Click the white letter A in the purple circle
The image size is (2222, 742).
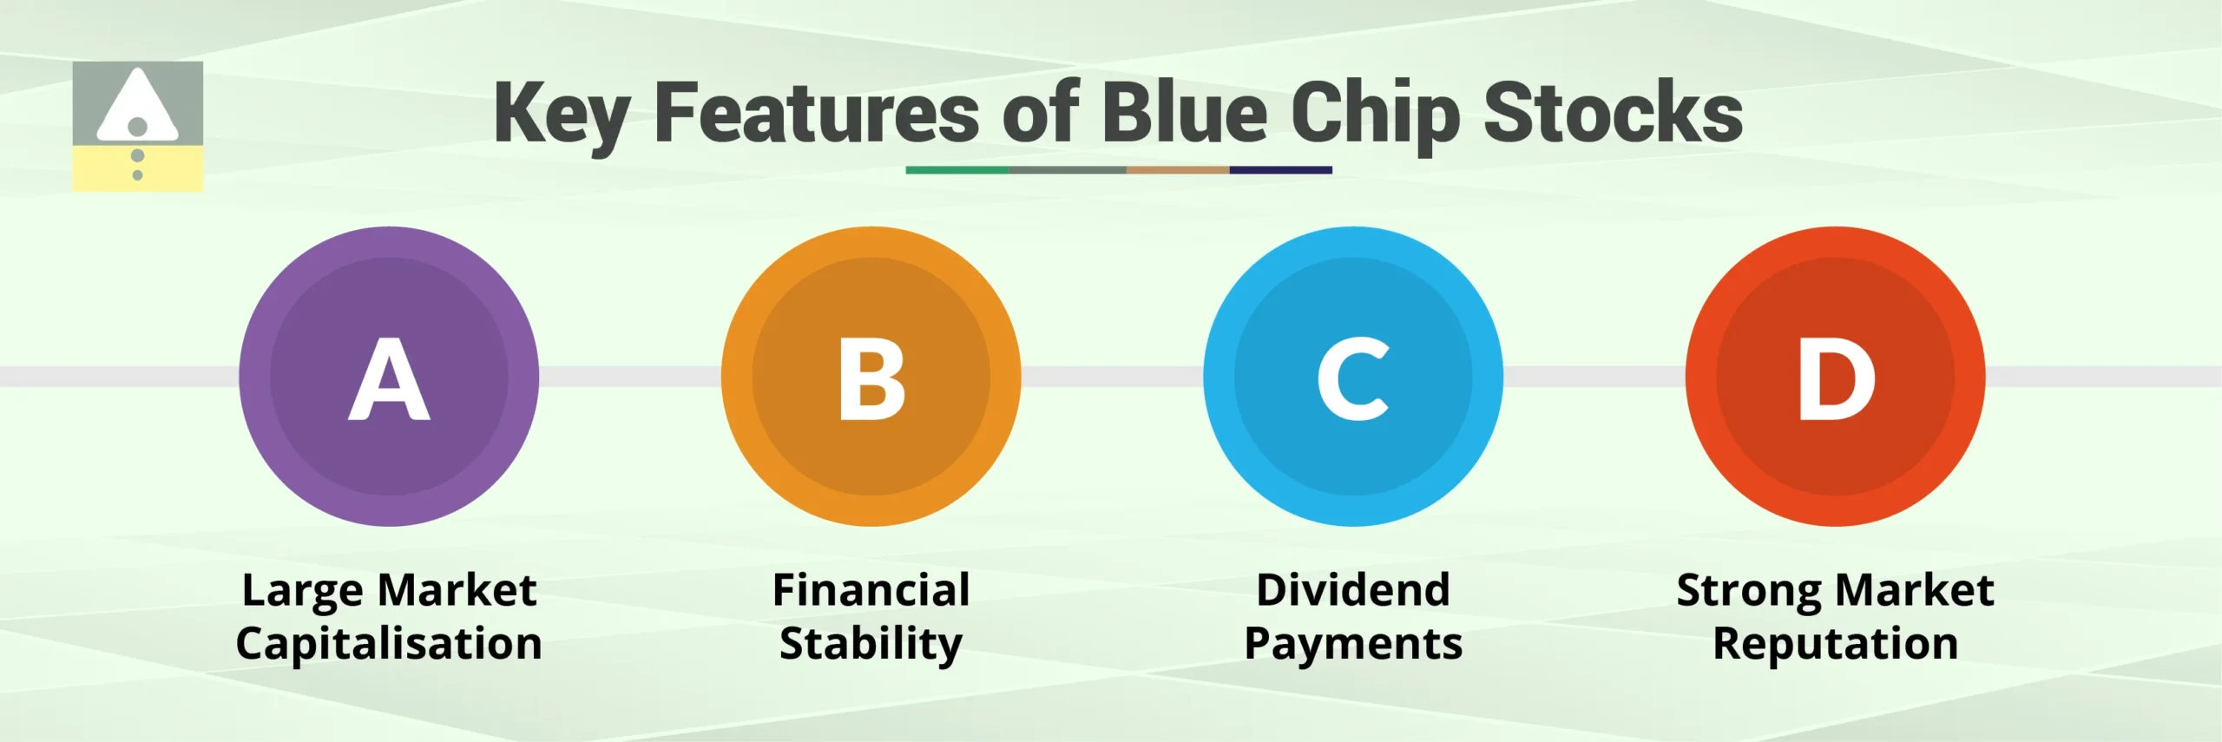pyautogui.click(x=389, y=379)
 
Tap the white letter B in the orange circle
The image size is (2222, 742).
pyautogui.click(x=871, y=379)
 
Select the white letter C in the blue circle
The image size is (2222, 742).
pyautogui.click(x=1352, y=379)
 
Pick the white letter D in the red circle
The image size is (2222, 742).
pyautogui.click(x=1835, y=379)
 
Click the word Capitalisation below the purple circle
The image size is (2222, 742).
pyautogui.click(x=389, y=644)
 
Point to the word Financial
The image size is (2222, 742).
pyautogui.click(x=871, y=590)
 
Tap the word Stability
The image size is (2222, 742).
pyautogui.click(x=871, y=644)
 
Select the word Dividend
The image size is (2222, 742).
pyautogui.click(x=1352, y=590)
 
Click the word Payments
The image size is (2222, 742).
pyautogui.click(x=1352, y=644)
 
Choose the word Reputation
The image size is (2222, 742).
pyautogui.click(x=1835, y=644)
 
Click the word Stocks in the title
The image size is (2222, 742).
pyautogui.click(x=1613, y=113)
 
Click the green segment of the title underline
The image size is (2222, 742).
pyautogui.click(x=957, y=170)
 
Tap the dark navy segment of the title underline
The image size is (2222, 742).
pyautogui.click(x=1280, y=170)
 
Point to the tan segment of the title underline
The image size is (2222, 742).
pyautogui.click(x=1177, y=170)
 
